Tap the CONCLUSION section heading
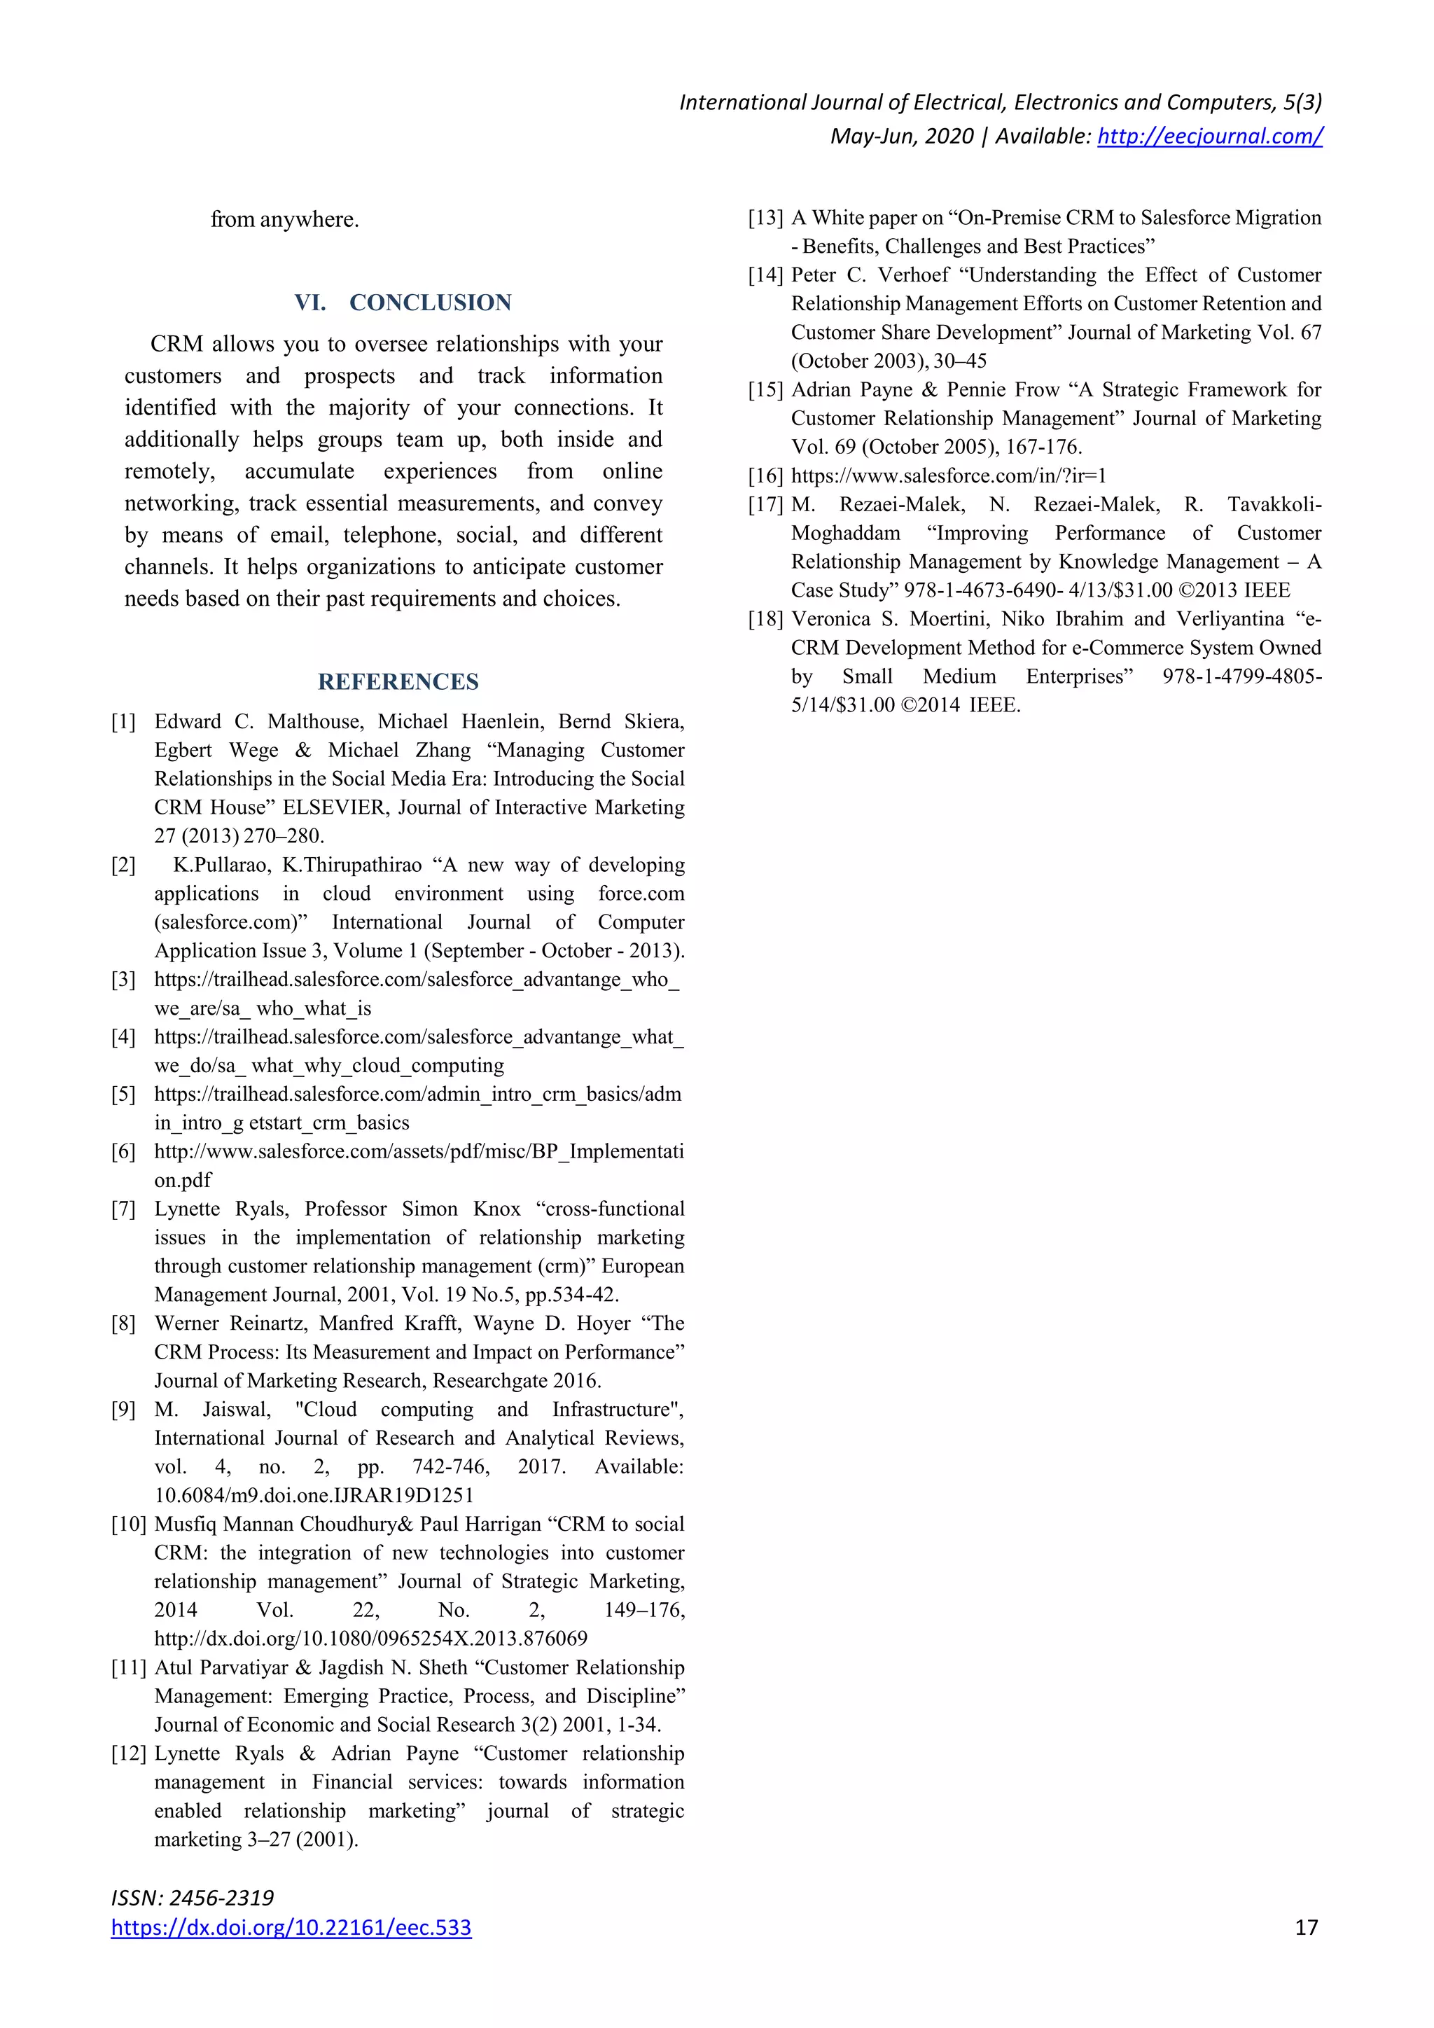[x=430, y=303]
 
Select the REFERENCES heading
[x=398, y=682]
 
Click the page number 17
[x=1306, y=1927]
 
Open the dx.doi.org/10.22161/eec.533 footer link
[x=291, y=1928]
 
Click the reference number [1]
[x=124, y=722]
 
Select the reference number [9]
[x=124, y=1410]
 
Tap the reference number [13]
[x=765, y=218]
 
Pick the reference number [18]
[x=765, y=619]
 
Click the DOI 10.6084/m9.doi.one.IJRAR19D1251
[x=314, y=1495]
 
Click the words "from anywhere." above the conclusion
[x=284, y=219]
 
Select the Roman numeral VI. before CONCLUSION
[x=310, y=303]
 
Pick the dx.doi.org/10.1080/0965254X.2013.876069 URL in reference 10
[x=371, y=1639]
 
